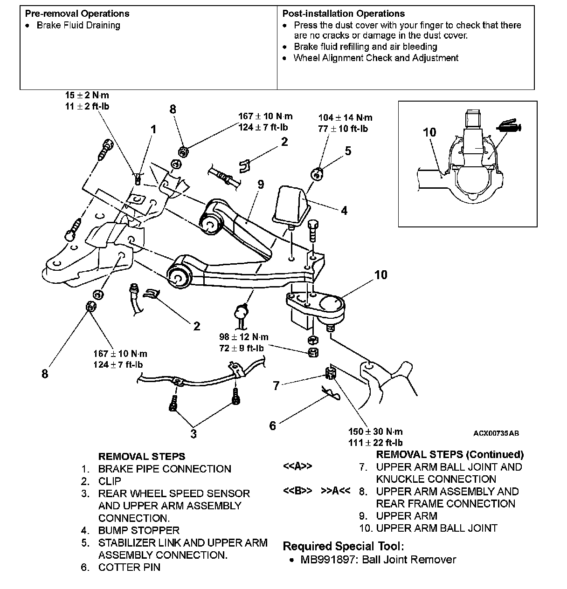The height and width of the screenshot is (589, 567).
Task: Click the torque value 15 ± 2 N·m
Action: pos(87,96)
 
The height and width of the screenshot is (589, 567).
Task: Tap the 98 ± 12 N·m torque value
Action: pos(243,337)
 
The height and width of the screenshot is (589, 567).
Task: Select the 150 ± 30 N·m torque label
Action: pos(375,431)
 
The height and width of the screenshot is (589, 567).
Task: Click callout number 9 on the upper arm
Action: pos(260,185)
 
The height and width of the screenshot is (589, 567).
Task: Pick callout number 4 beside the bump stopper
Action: pos(344,211)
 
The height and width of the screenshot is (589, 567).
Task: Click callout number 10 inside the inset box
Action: pos(429,132)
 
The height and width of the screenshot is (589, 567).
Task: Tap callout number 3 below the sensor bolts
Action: pos(193,434)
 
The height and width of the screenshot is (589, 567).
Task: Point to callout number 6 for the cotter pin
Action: pos(273,425)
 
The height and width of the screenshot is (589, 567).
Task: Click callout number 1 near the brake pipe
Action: pos(154,129)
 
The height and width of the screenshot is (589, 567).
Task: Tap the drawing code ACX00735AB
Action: pos(496,433)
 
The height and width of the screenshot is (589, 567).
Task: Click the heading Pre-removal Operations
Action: pos(77,14)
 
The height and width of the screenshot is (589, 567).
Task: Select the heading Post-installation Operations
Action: pos(344,14)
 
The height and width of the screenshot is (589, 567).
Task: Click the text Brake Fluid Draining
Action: pos(78,25)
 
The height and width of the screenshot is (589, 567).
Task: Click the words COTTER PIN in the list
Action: pos(129,567)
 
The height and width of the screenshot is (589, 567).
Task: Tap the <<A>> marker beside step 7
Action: pos(297,466)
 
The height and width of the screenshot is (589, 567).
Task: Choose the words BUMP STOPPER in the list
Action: pos(138,530)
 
